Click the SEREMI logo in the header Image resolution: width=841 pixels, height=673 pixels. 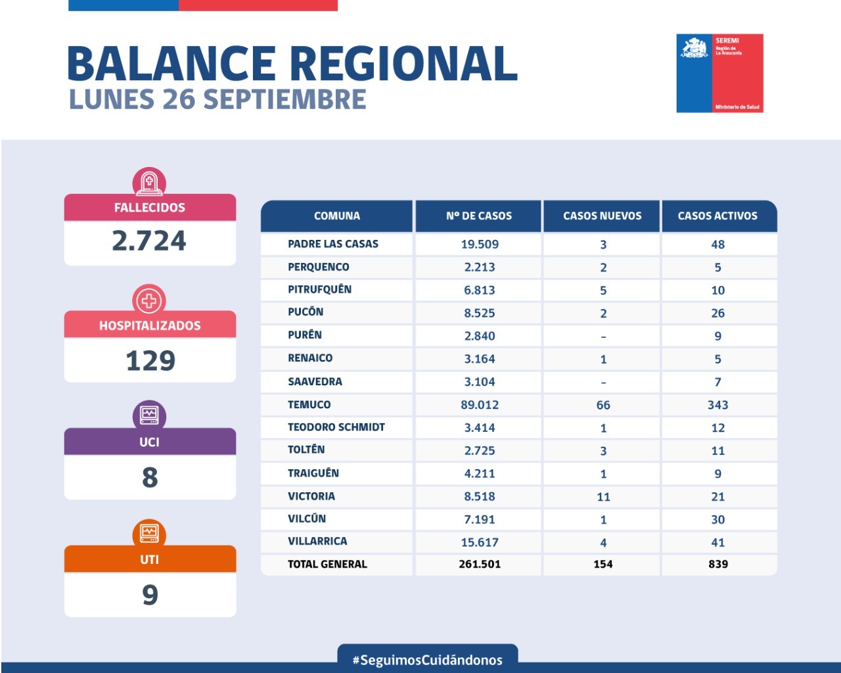(x=719, y=73)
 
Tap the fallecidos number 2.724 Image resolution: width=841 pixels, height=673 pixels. (x=149, y=241)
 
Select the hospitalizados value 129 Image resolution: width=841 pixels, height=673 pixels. (x=150, y=361)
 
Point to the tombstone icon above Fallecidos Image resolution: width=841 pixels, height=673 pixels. (x=149, y=182)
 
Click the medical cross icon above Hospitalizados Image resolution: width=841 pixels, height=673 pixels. (x=149, y=300)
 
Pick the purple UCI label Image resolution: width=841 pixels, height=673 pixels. (x=149, y=442)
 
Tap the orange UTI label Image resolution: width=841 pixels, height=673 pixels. (x=149, y=559)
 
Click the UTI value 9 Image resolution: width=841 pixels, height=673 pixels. (x=150, y=595)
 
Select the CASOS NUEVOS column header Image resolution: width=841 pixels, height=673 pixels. (x=602, y=216)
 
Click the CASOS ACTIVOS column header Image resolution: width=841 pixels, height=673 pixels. (x=717, y=216)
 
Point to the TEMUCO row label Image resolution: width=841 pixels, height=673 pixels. (x=309, y=405)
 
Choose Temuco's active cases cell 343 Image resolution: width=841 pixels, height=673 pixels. (x=717, y=405)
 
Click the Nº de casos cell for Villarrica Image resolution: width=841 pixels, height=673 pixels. (x=480, y=542)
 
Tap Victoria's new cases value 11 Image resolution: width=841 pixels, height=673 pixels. (x=603, y=497)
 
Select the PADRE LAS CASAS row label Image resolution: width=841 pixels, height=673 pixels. (x=332, y=244)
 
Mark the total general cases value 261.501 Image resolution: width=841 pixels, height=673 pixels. (x=480, y=564)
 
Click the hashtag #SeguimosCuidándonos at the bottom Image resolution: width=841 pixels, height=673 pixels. (x=428, y=660)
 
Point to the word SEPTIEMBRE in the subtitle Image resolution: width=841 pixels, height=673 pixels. (x=284, y=99)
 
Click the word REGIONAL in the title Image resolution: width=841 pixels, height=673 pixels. (x=403, y=64)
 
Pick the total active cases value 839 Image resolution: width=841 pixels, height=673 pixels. (x=717, y=564)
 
